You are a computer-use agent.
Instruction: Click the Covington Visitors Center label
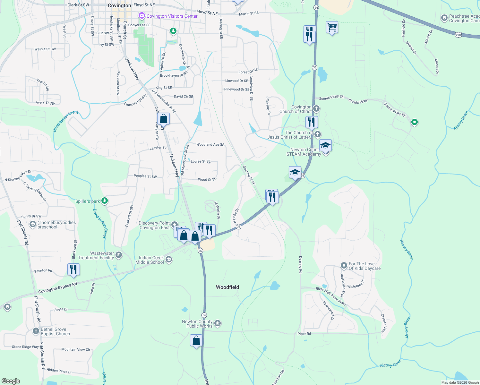tap(172, 16)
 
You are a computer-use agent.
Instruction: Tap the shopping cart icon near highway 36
tap(332, 27)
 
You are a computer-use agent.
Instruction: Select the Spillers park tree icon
tap(105, 201)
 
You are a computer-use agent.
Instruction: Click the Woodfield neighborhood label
tap(227, 287)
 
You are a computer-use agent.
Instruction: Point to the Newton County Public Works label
tap(197, 324)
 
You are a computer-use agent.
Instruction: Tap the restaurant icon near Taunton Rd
tap(73, 269)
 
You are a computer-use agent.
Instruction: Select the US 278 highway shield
tap(458, 34)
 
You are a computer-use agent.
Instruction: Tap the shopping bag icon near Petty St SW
tap(164, 118)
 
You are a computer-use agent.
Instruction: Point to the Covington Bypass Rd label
tap(58, 288)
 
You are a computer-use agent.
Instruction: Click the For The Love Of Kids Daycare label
tap(364, 266)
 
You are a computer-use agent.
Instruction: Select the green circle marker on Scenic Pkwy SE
tap(414, 122)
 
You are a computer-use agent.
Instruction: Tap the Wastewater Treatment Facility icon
tap(118, 255)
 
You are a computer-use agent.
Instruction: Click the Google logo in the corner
tap(11, 381)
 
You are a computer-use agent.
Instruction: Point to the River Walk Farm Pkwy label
tap(331, 296)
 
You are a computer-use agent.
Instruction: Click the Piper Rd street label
tap(304, 334)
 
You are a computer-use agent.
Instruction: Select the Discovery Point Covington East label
tap(154, 225)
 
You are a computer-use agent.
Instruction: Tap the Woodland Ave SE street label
tap(210, 145)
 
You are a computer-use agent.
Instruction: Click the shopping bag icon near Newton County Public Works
tap(196, 340)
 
